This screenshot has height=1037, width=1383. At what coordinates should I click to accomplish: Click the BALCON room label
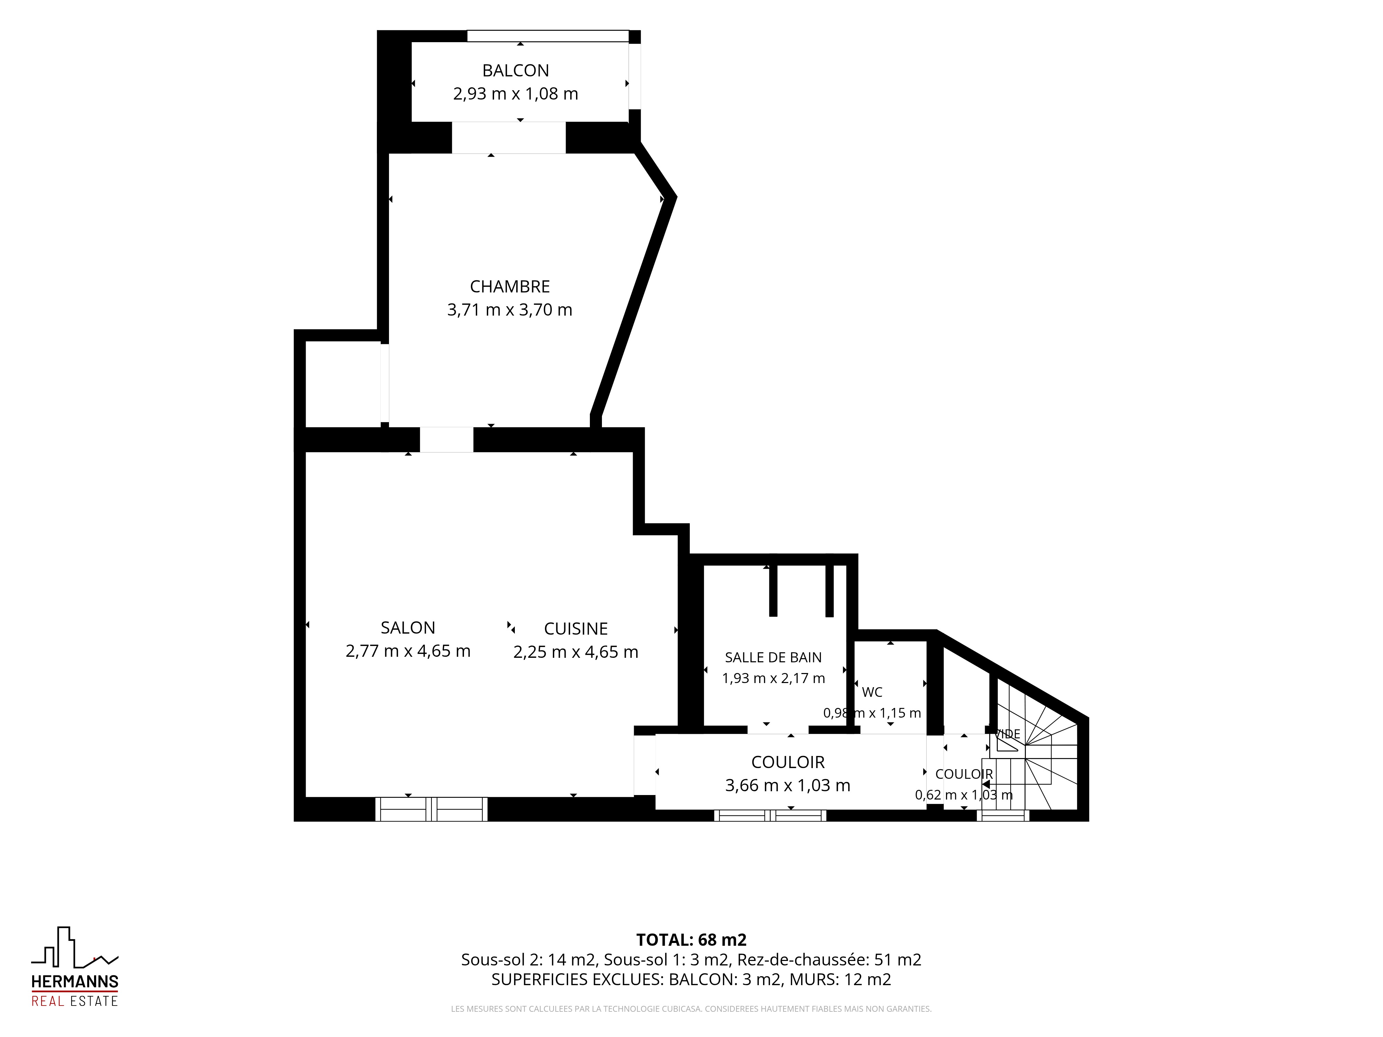515,71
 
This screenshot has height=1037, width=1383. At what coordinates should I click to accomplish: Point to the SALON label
408,628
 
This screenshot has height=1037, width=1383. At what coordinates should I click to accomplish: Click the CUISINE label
576,629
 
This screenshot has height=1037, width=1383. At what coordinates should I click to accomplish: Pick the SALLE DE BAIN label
773,657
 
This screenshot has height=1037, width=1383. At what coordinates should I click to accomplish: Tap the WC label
872,692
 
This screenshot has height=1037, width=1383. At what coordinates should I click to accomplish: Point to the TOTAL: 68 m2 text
691,940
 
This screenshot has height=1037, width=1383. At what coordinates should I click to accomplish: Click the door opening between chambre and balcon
509,138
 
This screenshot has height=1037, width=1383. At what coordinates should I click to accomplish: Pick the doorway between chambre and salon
446,439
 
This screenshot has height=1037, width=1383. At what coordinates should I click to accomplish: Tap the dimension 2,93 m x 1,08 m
515,94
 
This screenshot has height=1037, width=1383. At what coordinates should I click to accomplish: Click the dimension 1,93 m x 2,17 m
773,678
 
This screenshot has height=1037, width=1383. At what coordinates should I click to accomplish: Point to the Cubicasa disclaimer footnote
691,1009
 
